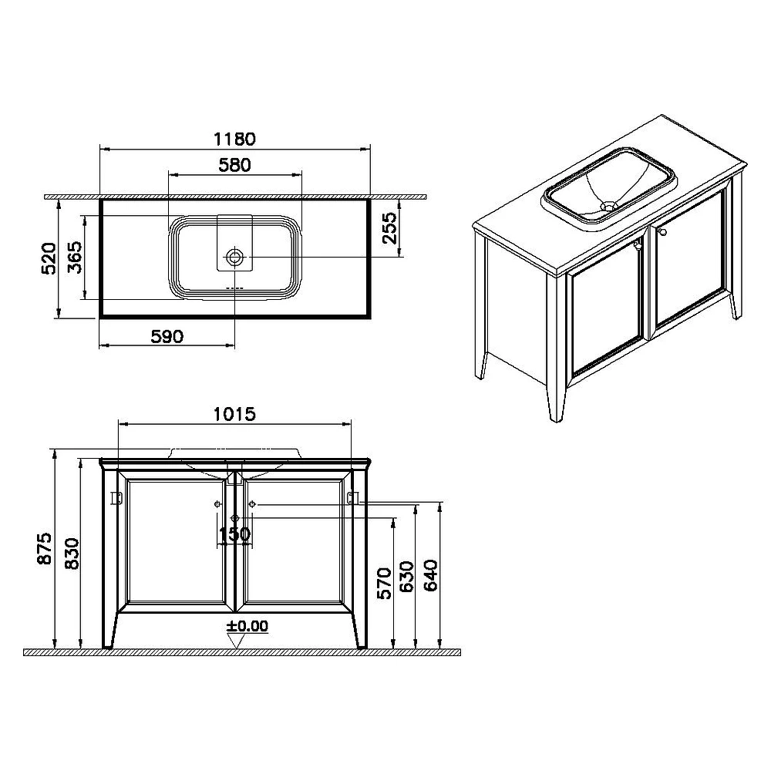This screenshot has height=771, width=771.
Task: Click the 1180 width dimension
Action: coord(234,139)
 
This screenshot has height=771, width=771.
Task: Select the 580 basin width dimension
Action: coord(234,165)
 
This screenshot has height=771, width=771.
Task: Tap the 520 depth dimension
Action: coord(49,258)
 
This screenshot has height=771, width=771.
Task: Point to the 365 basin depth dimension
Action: coord(75,258)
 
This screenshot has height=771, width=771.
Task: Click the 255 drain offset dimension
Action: coord(389,227)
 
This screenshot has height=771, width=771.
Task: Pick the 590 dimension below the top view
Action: coord(167,337)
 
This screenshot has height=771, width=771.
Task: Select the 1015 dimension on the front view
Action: coord(234,414)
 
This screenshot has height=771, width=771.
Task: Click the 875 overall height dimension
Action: coord(45,548)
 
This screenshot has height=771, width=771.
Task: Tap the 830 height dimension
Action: coord(72,554)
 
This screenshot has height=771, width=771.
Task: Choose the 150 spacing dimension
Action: coord(234,534)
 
